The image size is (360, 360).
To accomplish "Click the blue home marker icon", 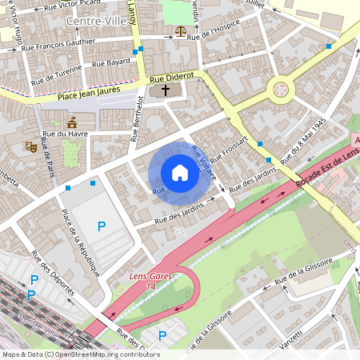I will [180, 172].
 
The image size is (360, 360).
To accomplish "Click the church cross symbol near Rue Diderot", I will [166, 90].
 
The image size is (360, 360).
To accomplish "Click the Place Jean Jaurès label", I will [89, 93].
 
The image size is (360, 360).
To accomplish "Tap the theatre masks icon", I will [31, 146].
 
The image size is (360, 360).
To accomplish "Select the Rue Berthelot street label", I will [136, 120].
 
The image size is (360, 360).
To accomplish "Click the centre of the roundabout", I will [280, 89].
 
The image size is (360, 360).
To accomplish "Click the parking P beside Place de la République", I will [101, 226].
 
